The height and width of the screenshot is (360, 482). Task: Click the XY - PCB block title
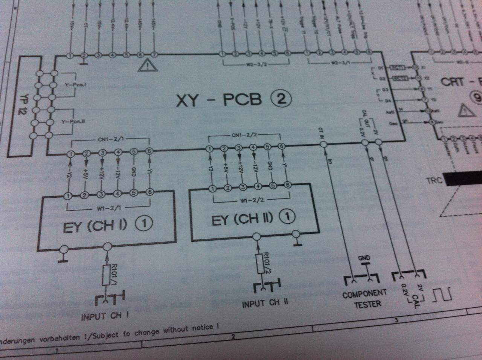(219, 100)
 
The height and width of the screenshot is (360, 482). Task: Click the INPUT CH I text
(104, 316)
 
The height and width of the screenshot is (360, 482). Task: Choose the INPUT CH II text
(265, 303)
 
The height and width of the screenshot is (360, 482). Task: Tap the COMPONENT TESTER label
(365, 298)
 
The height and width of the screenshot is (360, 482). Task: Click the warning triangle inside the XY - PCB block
(148, 66)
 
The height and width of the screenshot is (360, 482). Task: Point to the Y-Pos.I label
(76, 85)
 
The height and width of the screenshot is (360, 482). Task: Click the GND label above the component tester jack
(364, 258)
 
